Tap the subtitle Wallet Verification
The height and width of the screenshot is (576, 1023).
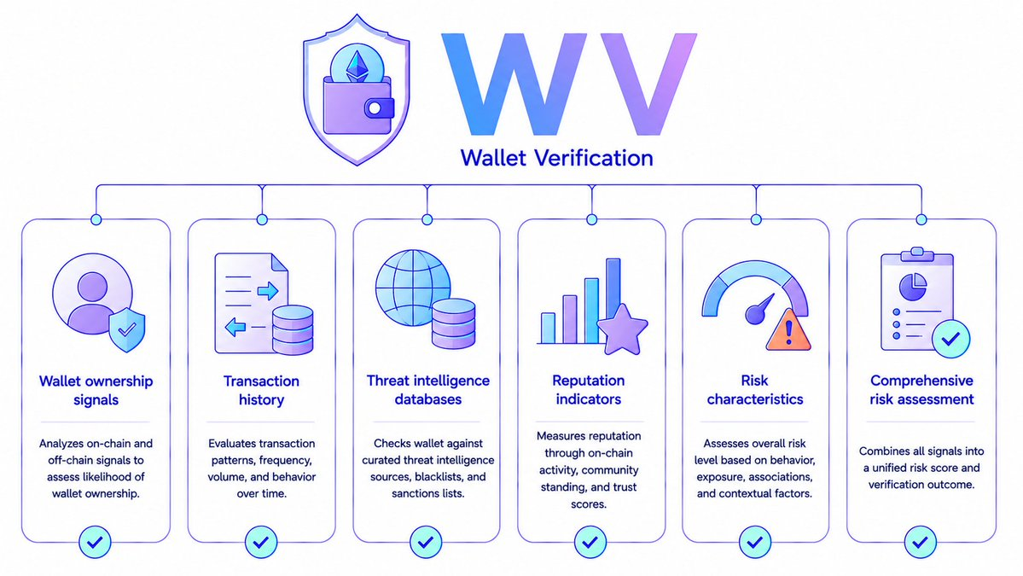point(556,158)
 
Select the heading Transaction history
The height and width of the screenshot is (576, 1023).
point(261,390)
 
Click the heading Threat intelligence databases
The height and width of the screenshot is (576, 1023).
point(428,389)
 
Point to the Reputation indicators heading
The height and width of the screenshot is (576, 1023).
point(589,389)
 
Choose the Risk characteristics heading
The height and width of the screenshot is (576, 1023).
point(755,389)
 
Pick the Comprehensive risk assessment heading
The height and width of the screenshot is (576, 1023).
point(921,389)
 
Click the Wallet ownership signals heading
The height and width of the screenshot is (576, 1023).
point(96,390)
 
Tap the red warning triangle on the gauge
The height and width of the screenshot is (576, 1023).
point(788,331)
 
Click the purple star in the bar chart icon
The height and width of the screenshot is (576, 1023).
point(622,330)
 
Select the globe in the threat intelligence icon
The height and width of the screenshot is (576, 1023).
point(411,287)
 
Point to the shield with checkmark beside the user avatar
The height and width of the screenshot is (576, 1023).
point(126,330)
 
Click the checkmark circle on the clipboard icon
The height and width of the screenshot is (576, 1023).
point(950,339)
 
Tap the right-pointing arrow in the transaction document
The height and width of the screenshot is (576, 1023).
point(268,290)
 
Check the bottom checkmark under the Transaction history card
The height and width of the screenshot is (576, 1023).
point(261,542)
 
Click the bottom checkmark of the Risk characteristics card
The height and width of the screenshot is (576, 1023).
point(755,542)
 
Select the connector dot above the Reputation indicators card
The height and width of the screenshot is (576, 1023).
point(592,220)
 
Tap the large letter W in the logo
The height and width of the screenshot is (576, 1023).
point(515,84)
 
